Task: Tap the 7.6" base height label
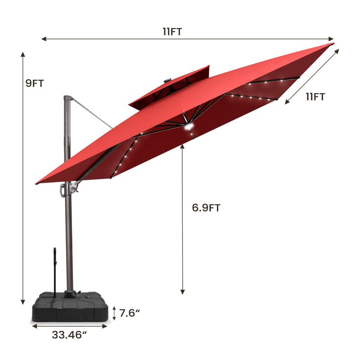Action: pos(129,312)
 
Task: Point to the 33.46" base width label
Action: pos(69,335)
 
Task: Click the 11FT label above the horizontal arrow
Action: pos(172,31)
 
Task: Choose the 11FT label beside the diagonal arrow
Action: pos(315,96)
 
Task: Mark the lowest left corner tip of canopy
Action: pos(37,183)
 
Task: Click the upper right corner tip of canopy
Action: pos(332,44)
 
